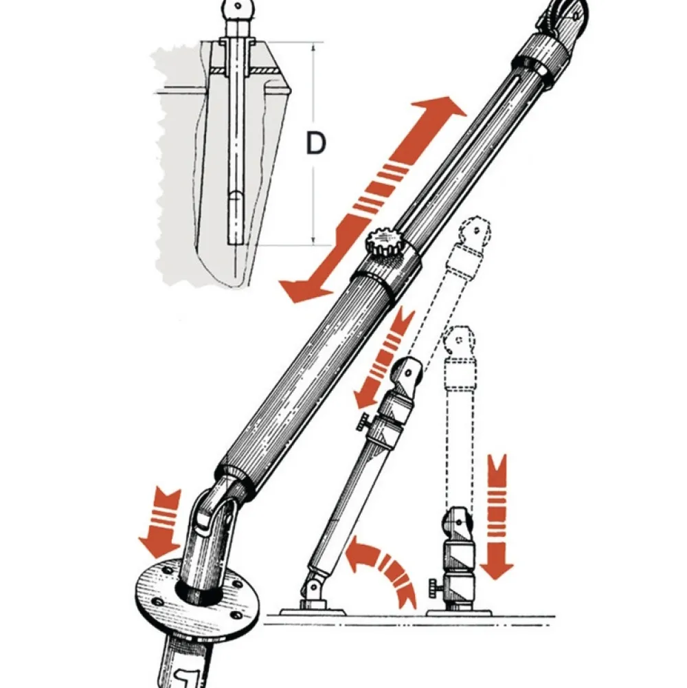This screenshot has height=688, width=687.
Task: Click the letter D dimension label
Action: [x=315, y=144]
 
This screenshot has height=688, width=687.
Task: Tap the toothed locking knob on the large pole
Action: [x=382, y=242]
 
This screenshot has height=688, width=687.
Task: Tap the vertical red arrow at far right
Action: [x=497, y=516]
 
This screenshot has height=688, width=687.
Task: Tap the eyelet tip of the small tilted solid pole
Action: [x=409, y=371]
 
